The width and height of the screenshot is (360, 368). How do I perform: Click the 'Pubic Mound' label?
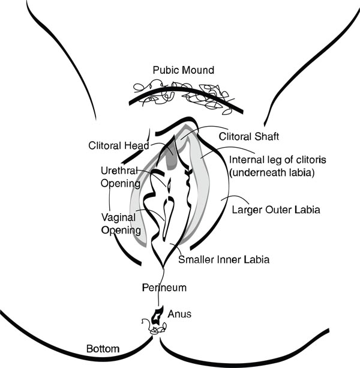183,70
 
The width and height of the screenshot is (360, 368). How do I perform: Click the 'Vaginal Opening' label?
121,224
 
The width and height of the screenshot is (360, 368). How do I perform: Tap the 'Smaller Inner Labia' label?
224,260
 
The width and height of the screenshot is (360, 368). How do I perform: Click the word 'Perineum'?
164,288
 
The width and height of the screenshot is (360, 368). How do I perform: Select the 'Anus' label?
179,313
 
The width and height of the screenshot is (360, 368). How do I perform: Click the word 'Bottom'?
103,348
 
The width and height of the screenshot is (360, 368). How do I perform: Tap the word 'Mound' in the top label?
199,70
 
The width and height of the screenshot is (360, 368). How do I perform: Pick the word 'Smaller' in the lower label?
197,260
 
